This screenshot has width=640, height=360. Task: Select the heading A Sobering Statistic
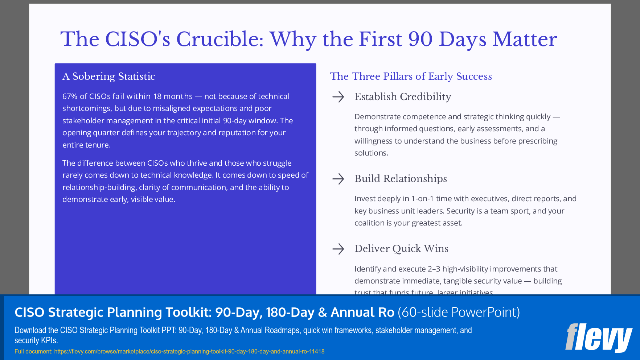(x=108, y=76)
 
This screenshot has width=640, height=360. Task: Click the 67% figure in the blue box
(x=70, y=96)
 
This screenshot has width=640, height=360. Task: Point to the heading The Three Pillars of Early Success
(x=411, y=76)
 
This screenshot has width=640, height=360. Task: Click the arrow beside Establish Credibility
(x=338, y=97)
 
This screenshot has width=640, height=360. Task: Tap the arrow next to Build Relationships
(x=338, y=179)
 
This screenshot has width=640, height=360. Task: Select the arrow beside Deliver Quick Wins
(x=338, y=249)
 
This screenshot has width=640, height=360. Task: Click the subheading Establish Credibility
(x=403, y=97)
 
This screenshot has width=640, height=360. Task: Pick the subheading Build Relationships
(x=401, y=179)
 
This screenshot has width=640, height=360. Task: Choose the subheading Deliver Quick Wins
(x=401, y=249)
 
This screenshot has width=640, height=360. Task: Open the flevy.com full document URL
(x=189, y=351)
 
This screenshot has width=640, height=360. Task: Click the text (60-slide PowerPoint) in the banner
(x=459, y=312)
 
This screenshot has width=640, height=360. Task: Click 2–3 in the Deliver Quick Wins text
(x=434, y=269)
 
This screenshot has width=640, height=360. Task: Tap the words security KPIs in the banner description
(x=36, y=340)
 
